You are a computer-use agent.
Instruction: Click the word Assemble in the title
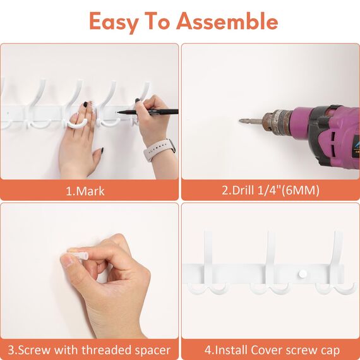pos(227,21)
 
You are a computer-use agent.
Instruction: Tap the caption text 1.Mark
pos(85,191)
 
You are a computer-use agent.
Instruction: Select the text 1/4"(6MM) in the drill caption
pos(289,190)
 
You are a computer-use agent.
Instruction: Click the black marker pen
pos(148,112)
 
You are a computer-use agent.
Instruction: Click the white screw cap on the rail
pos(303,273)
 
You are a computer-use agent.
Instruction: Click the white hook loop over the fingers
pos(77,124)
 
